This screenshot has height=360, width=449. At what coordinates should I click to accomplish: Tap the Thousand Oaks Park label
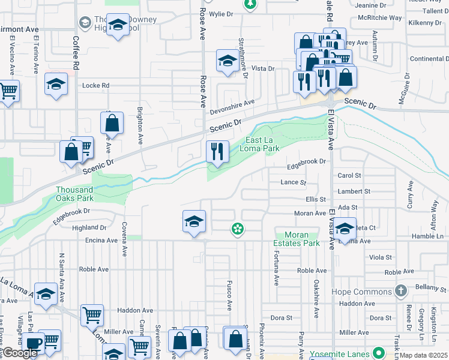[74, 194]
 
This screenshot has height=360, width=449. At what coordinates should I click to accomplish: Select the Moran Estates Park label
[296, 239]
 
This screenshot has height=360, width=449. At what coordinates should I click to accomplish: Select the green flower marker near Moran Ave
[238, 228]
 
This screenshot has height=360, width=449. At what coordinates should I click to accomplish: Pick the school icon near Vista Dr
[228, 61]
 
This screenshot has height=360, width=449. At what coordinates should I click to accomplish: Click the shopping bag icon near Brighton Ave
[112, 124]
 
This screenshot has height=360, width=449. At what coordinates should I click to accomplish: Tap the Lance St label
[294, 182]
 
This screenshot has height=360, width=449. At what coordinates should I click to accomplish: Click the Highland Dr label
[88, 228]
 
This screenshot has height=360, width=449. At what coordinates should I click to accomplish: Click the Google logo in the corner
[20, 353]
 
